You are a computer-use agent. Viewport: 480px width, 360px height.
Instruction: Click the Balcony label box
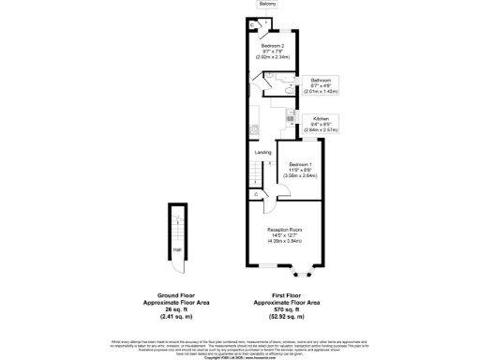pyautogui.click(x=268, y=5)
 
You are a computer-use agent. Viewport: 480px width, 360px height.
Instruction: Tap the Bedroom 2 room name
pyautogui.click(x=272, y=46)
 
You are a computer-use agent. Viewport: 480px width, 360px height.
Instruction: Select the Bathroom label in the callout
pyautogui.click(x=320, y=81)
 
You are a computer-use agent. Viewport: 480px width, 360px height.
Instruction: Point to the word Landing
pyautogui.click(x=263, y=152)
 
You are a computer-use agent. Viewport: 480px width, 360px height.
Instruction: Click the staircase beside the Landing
pyautogui.click(x=254, y=172)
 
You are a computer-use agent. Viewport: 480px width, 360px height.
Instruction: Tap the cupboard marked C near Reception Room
pyautogui.click(x=257, y=194)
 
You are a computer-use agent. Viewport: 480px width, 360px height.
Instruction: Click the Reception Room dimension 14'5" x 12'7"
pyautogui.click(x=286, y=236)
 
